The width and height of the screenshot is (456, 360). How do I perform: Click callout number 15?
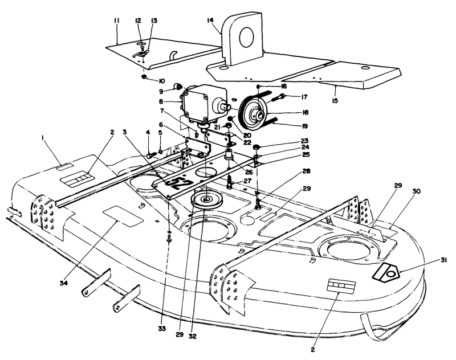point(333,91)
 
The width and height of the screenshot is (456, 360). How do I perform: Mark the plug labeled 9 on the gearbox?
point(179,87)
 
